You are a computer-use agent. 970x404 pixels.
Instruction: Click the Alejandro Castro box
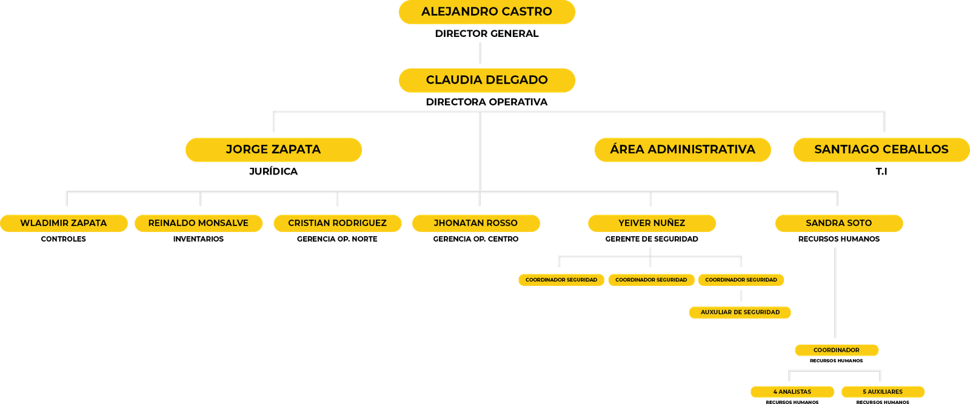click(x=487, y=12)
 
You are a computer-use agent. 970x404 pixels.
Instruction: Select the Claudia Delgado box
click(x=487, y=80)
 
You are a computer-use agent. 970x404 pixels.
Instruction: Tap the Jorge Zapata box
click(x=273, y=150)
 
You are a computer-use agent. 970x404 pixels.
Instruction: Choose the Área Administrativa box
click(x=682, y=150)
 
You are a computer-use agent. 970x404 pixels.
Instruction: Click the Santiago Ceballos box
click(x=881, y=150)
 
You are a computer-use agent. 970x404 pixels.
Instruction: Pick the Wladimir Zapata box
click(x=64, y=223)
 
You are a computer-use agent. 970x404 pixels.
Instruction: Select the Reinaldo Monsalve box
click(x=198, y=223)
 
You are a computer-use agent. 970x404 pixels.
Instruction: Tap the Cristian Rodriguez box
click(x=337, y=223)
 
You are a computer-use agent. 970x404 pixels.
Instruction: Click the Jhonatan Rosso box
click(x=476, y=223)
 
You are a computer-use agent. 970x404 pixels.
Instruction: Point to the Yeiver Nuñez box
click(x=652, y=223)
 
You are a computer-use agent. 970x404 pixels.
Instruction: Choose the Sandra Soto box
click(x=838, y=223)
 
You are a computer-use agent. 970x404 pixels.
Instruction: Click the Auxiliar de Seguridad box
click(x=740, y=312)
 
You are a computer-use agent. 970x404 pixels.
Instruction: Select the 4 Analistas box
click(x=792, y=391)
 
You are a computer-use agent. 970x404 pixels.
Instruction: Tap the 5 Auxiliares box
click(x=883, y=391)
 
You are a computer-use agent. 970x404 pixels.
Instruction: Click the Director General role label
click(x=487, y=33)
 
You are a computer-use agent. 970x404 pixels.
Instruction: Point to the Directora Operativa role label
click(x=487, y=102)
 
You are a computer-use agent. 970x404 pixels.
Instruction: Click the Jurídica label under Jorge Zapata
click(x=273, y=172)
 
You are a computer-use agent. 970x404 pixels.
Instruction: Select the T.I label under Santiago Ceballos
click(x=881, y=172)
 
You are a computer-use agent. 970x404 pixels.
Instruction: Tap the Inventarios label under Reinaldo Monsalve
click(x=198, y=239)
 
